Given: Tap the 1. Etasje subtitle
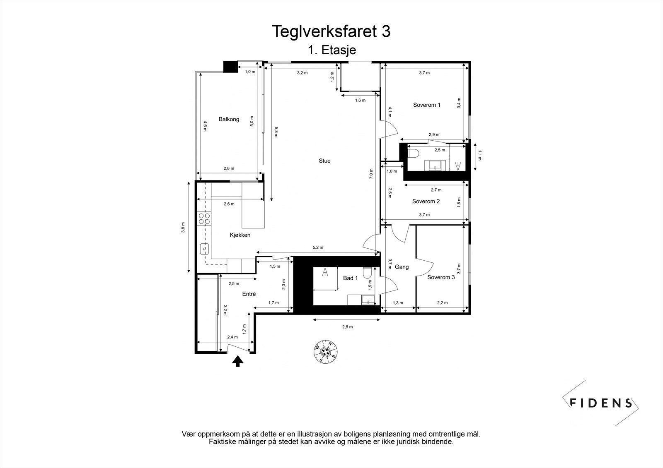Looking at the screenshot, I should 331,50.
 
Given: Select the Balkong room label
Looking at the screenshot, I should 229,119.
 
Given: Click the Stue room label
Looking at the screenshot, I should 324,161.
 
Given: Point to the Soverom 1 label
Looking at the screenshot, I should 426,105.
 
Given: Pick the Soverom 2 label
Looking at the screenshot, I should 426,202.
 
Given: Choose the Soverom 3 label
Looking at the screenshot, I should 441,277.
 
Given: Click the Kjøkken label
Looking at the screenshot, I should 240,235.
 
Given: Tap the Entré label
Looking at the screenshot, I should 249,294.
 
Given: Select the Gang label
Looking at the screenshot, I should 402,267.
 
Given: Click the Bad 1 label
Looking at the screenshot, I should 350,278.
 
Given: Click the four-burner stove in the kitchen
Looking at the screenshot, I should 204,218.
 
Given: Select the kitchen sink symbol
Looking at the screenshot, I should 205,249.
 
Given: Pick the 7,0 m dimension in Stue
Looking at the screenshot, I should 371,173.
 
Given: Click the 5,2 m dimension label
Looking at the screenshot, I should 318,247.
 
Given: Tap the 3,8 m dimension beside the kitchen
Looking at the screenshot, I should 183,228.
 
